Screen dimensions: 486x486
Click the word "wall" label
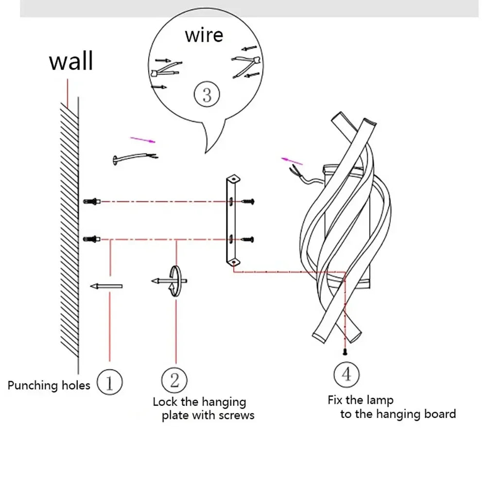pos(71,62)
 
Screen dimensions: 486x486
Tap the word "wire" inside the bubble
pos(204,35)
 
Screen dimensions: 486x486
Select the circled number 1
pos(109,382)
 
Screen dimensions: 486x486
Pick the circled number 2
pos(175,379)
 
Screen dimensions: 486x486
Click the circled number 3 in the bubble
pos(207,94)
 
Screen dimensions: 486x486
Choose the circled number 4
pos(346,375)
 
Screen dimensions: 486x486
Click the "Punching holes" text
pos(49,386)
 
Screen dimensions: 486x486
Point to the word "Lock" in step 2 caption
pos(164,402)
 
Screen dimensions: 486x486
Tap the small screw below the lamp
pos(345,351)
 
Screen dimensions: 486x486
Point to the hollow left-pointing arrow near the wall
pos(106,287)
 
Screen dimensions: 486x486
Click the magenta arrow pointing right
pos(143,140)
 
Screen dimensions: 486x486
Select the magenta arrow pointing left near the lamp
pos(292,161)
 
